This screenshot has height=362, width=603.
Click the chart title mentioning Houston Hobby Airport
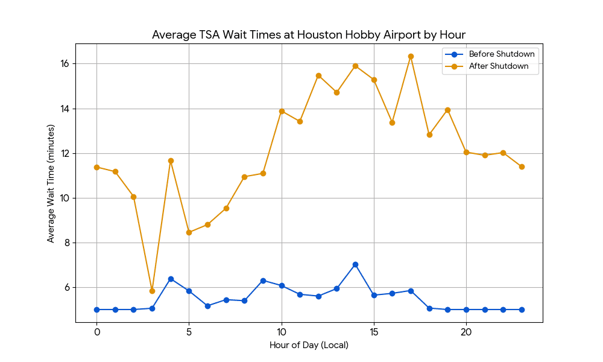coord(308,34)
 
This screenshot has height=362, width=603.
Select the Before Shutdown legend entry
coord(490,54)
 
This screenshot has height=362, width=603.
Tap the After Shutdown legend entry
coord(487,66)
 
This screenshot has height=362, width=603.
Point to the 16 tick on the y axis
coord(65,63)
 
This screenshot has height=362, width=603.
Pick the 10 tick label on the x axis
coord(282,332)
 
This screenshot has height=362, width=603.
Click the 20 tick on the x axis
coord(466,332)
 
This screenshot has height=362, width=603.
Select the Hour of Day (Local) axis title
coord(309,345)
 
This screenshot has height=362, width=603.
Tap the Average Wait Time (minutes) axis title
coord(51,183)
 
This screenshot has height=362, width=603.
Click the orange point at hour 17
coord(411,57)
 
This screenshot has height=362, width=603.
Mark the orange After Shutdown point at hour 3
coord(153,291)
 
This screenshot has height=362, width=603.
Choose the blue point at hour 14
coord(355,265)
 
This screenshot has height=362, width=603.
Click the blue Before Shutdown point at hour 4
coord(171,279)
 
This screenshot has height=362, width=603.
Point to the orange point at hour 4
coord(171,161)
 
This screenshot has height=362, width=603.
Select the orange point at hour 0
coord(97,167)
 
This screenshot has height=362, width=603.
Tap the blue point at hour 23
coord(522,310)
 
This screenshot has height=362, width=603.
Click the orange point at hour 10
coord(282,111)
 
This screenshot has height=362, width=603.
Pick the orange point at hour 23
coord(522,167)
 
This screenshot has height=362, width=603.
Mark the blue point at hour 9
coord(263,281)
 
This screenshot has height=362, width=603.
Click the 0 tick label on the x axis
coord(97,332)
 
